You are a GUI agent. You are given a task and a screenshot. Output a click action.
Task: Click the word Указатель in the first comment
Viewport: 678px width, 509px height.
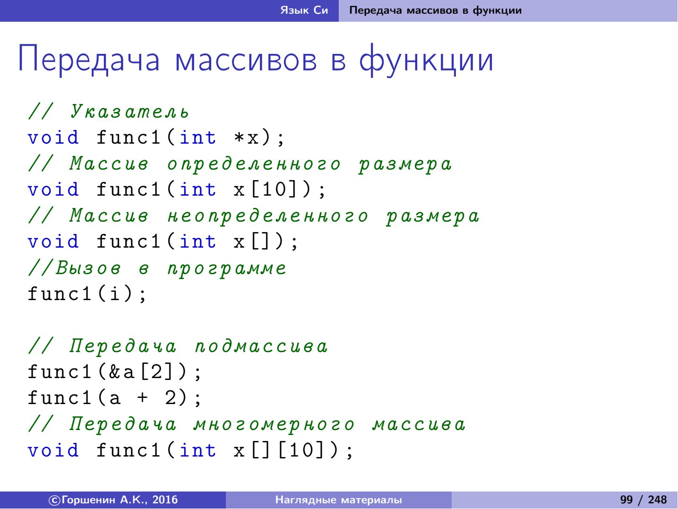click(129, 112)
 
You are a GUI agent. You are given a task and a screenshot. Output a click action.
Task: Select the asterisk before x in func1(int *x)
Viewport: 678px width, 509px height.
click(239, 138)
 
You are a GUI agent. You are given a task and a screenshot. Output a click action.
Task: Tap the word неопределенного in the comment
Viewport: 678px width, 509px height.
click(267, 216)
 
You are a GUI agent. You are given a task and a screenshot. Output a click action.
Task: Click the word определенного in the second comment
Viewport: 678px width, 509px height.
click(254, 164)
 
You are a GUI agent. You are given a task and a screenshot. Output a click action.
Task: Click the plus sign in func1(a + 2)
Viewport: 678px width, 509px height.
click(142, 397)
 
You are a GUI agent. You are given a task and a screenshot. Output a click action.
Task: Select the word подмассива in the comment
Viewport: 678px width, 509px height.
click(261, 346)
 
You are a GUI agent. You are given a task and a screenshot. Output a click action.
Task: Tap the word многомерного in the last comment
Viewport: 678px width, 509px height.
click(274, 425)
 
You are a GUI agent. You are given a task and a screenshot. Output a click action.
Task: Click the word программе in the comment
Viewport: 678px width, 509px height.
click(227, 269)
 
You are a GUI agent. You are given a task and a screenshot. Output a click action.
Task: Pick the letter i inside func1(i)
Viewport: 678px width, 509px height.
click(115, 293)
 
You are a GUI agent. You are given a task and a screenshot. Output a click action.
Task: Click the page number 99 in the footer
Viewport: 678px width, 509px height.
click(627, 500)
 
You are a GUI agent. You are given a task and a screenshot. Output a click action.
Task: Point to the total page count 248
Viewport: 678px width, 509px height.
click(657, 500)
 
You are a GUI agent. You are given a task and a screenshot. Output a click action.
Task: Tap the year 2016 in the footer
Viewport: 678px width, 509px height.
click(165, 500)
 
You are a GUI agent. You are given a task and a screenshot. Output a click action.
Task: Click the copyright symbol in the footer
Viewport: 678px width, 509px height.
click(54, 500)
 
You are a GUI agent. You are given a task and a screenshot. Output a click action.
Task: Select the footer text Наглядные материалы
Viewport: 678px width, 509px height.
click(339, 500)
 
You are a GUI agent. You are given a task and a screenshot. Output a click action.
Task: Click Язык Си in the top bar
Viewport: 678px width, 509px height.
click(304, 10)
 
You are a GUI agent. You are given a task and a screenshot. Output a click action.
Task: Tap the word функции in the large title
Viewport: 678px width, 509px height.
click(426, 59)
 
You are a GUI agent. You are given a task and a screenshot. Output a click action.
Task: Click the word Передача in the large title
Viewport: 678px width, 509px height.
click(89, 59)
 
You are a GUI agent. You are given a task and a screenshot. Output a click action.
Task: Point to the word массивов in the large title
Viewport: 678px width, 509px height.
click(246, 60)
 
